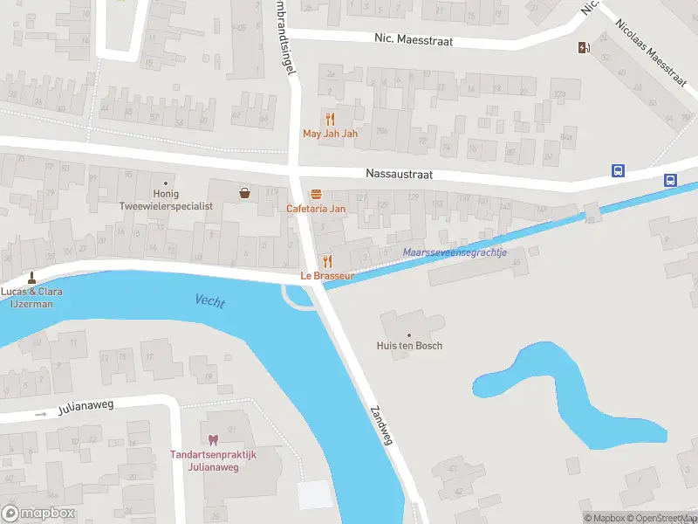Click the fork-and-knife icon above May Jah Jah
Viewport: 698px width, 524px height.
point(330,119)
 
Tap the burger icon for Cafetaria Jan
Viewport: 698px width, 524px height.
point(316,194)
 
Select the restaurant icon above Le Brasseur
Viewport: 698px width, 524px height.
point(327,261)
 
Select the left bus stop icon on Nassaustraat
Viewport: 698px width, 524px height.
point(618,170)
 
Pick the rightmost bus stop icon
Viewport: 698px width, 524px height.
point(670,181)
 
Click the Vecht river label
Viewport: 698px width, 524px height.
point(210,302)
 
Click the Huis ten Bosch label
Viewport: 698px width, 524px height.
point(409,346)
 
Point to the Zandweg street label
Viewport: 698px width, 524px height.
point(382,425)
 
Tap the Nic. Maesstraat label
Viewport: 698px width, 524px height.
point(413,41)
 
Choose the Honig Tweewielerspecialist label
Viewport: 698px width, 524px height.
point(166,200)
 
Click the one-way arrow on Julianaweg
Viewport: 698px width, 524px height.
point(38,414)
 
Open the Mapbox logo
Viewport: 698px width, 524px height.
point(38,514)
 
